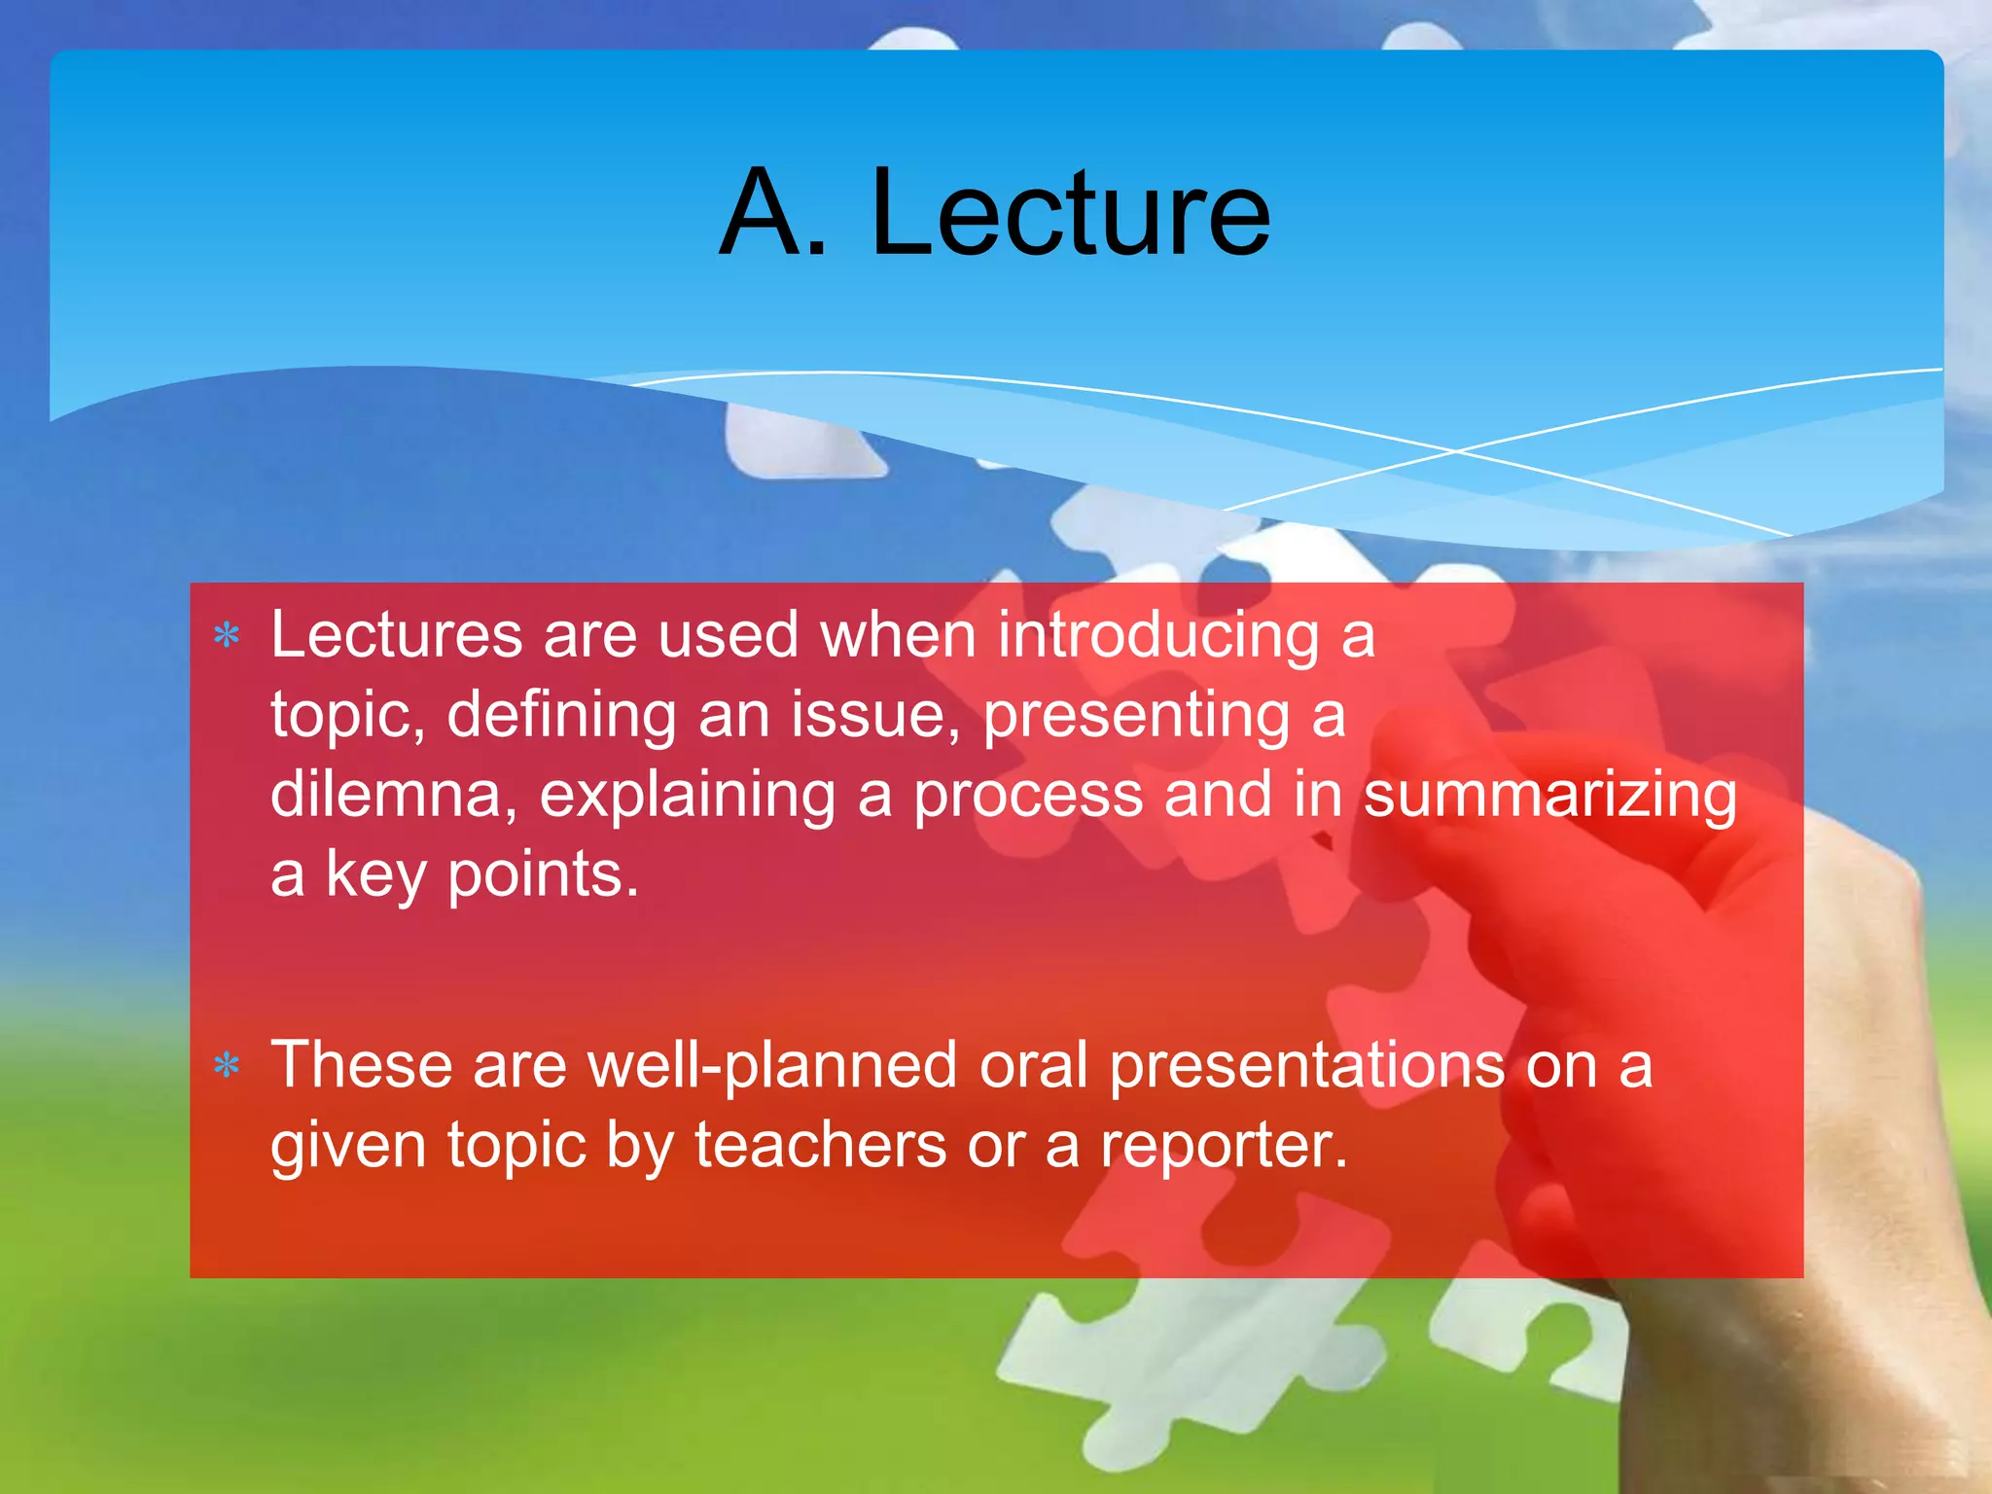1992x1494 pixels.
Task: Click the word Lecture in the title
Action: (1070, 213)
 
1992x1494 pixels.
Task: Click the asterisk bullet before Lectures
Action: (227, 636)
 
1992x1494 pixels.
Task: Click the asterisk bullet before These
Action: (227, 1066)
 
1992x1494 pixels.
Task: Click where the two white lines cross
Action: (1456, 450)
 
